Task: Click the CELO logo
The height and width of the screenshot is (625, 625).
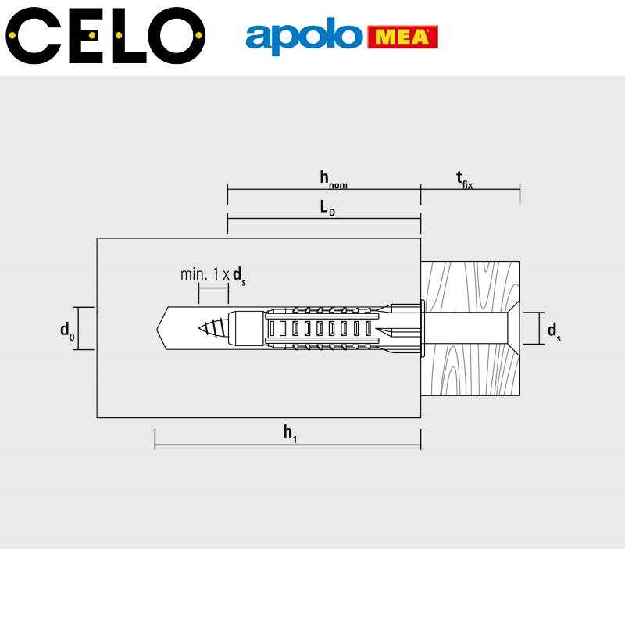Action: click(105, 35)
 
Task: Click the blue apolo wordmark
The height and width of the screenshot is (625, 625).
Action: click(304, 36)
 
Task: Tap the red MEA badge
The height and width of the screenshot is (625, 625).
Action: click(402, 37)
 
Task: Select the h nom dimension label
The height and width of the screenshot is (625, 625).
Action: click(334, 180)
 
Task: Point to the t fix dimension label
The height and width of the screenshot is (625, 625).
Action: click(464, 180)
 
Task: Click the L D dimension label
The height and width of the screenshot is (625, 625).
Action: click(327, 208)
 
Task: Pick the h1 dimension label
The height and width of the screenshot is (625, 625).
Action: click(290, 434)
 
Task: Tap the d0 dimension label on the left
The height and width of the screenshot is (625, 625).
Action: click(67, 330)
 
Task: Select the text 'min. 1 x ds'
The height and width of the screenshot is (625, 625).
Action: click(213, 276)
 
